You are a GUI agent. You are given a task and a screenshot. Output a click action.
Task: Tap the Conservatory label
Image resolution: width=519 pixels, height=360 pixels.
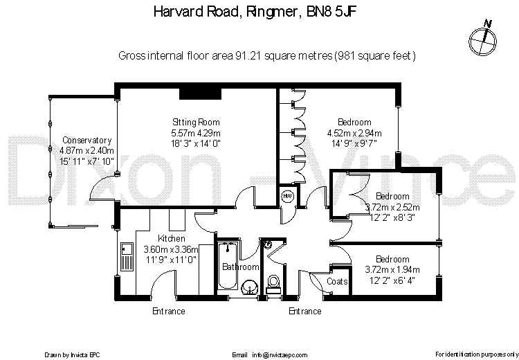86,140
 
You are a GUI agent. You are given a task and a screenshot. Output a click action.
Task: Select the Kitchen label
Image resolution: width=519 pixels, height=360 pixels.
171,239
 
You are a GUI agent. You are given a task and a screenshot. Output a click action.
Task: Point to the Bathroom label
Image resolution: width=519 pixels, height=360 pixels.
241,267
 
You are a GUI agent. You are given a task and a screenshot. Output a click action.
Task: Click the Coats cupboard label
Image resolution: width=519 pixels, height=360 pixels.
337,282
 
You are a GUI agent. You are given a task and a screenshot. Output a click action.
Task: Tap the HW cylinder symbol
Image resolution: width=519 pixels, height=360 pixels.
288,197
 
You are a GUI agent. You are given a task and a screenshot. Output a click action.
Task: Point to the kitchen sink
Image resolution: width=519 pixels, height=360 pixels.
127,256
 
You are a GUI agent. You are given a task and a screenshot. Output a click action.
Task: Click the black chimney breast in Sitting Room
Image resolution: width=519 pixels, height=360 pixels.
199,93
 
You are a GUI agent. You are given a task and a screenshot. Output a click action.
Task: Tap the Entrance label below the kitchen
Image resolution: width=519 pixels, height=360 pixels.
169,312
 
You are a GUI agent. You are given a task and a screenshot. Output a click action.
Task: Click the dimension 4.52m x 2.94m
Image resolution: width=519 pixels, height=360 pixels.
354,134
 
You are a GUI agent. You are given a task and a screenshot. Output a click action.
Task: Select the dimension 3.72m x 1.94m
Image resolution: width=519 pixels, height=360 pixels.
392,270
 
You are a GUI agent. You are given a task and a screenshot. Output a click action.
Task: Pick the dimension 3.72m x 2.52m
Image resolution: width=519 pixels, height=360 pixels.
392,206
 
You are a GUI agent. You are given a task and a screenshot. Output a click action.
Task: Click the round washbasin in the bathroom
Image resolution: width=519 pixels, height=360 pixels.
251,287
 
